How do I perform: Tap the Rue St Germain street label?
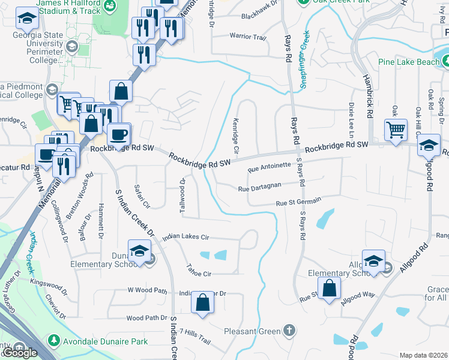298,202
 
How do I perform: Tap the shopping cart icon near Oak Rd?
396,130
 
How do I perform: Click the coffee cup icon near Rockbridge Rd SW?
118,134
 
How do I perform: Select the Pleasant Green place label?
252,331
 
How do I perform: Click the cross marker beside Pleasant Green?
289,331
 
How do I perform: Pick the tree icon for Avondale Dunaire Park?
53,341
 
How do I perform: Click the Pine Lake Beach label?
408,62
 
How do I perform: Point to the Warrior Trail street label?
247,37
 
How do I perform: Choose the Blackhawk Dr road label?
259,17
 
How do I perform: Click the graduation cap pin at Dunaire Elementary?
139,251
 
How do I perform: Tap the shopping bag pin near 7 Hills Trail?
203,304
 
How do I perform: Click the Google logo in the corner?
19,353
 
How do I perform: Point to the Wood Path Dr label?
146,318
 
